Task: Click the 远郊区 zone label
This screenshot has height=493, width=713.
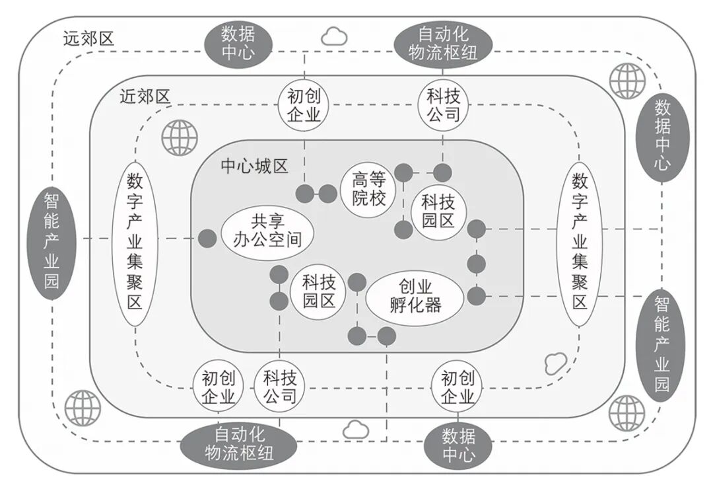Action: [x=88, y=38]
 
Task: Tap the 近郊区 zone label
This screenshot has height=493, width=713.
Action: [x=145, y=97]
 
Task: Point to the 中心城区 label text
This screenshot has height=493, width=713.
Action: [x=254, y=165]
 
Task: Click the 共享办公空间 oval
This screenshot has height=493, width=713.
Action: [x=267, y=230]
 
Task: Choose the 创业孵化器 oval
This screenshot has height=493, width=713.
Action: [x=415, y=295]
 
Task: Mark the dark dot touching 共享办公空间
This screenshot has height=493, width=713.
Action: [x=208, y=239]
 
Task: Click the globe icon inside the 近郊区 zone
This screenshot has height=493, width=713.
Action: [x=179, y=137]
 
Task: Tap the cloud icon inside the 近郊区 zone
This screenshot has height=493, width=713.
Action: [x=556, y=362]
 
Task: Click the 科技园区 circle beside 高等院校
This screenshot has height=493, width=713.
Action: [x=438, y=210]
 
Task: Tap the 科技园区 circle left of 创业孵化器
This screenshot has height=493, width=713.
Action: [x=319, y=292]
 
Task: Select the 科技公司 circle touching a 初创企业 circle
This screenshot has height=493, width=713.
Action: [x=280, y=387]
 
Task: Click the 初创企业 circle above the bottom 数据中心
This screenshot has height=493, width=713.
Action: [x=458, y=387]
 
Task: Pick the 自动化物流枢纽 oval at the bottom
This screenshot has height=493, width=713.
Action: [x=240, y=444]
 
